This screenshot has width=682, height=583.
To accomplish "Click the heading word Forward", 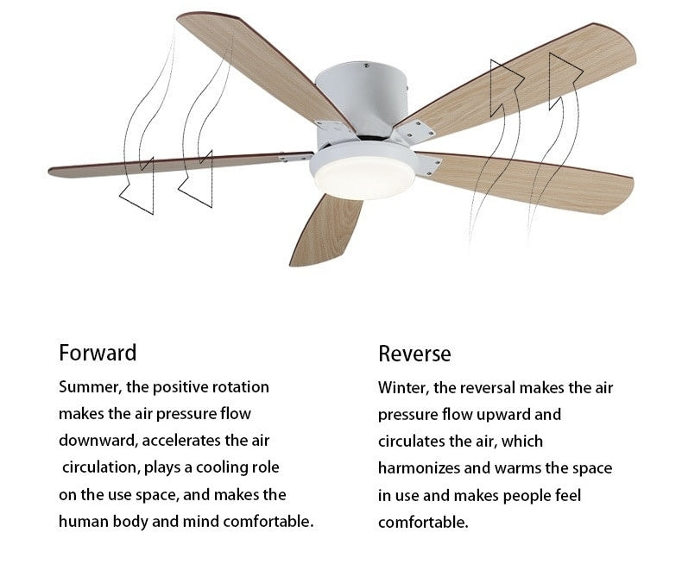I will pos(98,353).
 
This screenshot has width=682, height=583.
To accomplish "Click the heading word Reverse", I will pos(414,354).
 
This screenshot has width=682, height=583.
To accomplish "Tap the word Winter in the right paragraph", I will pos(402,387).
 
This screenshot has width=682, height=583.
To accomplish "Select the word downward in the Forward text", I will pos(97,441).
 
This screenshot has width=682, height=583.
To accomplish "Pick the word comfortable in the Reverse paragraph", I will pos(423,523).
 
